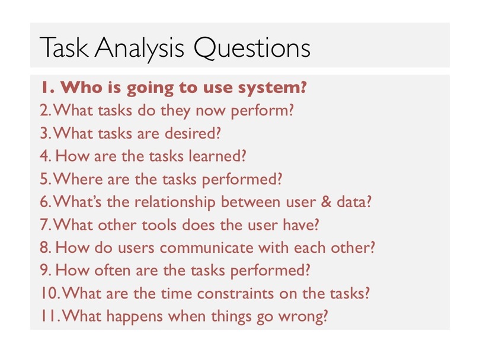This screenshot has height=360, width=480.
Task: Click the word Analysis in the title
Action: point(139,49)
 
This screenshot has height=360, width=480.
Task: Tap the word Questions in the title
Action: point(252,48)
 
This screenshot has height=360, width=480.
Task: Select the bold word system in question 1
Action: point(272,88)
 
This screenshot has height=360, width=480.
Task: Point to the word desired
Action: point(193,133)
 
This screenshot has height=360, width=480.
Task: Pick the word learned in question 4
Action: point(217,156)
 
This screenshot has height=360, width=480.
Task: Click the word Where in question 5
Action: point(78,179)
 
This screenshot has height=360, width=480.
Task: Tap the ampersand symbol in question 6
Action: point(326,202)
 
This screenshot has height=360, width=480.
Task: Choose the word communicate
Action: point(206,247)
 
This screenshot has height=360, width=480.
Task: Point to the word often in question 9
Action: point(112,271)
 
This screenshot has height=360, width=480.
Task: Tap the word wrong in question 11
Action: point(303,317)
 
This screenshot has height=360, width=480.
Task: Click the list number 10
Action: point(50,293)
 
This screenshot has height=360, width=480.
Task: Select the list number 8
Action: point(46,247)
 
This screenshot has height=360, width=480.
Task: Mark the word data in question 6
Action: point(354,202)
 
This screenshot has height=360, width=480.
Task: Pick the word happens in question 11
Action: point(135,317)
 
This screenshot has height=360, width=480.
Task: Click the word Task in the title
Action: point(64,48)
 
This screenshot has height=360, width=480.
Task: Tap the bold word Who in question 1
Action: point(81,88)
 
